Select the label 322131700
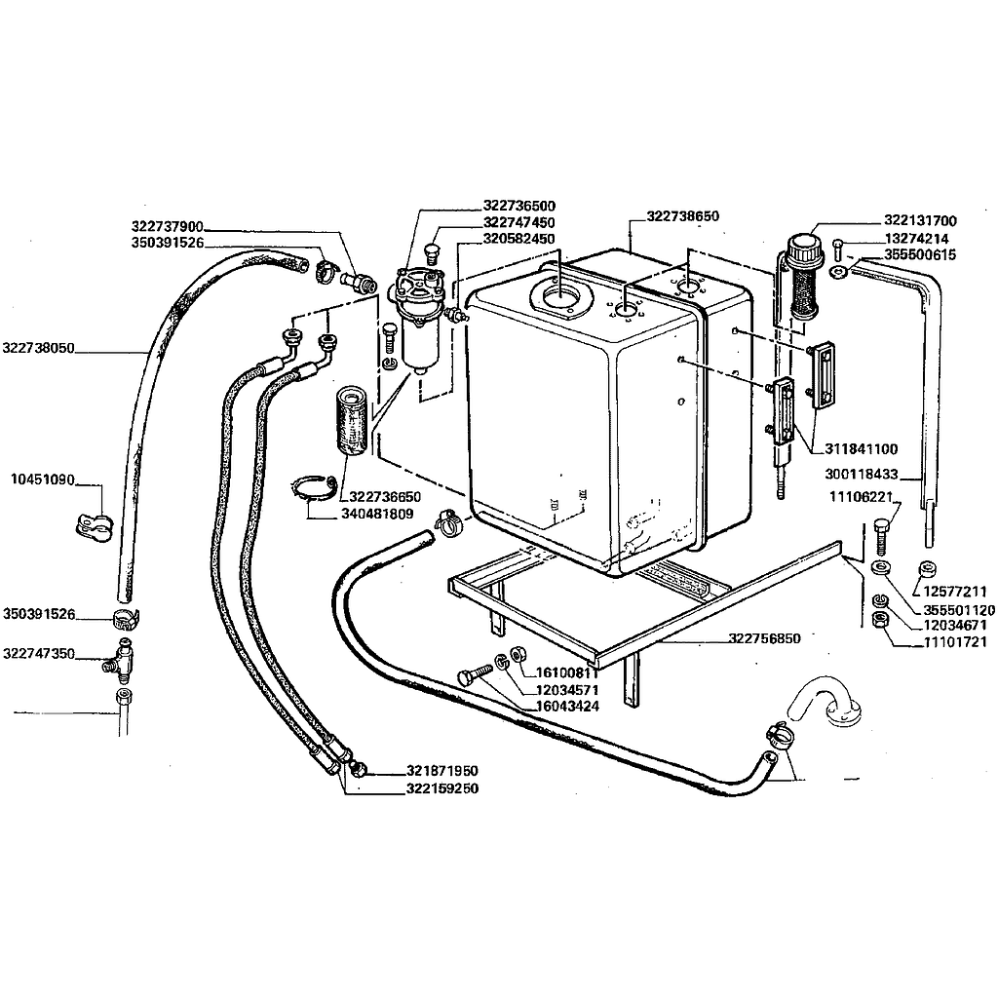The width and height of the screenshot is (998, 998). pyautogui.click(x=920, y=220)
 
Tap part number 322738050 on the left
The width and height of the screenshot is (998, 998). pyautogui.click(x=39, y=348)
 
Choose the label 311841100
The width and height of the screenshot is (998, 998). pyautogui.click(x=862, y=449)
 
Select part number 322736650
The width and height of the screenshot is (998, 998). pyautogui.click(x=385, y=496)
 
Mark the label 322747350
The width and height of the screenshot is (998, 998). pyautogui.click(x=39, y=653)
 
